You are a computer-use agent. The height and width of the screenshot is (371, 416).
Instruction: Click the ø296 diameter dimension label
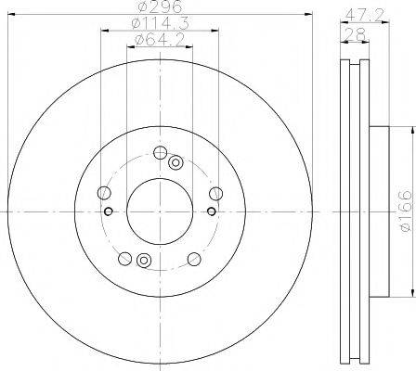161,6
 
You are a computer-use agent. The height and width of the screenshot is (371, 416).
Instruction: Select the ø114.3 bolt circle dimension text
161,23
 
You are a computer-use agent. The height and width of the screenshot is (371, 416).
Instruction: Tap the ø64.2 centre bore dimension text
160,40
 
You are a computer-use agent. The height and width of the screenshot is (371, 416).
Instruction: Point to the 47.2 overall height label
364,14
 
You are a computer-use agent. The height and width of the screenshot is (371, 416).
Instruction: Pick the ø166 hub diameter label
406,211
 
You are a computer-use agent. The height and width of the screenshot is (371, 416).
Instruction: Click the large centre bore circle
160,211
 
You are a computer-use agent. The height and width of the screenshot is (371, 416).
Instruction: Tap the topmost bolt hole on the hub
161,153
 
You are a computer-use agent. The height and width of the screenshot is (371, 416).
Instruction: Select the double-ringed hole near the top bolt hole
175,162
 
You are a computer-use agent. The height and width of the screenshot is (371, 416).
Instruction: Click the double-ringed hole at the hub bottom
144,260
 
